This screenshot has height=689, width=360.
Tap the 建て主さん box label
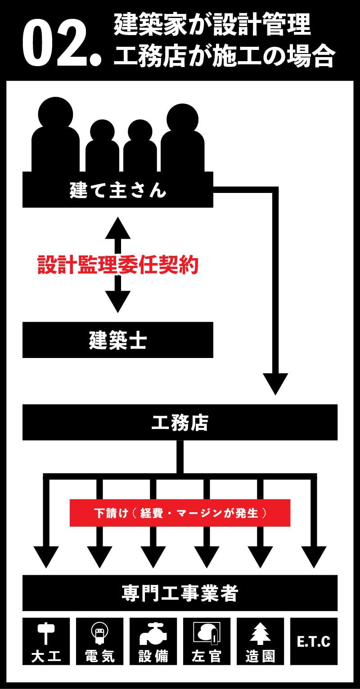[118, 190]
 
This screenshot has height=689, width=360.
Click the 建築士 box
[118, 340]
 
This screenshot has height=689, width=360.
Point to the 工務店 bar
[180, 422]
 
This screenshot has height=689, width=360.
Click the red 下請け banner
[180, 513]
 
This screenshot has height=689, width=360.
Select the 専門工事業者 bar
[180, 593]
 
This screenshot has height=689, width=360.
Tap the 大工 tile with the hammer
[46, 641]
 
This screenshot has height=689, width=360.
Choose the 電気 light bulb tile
[100, 641]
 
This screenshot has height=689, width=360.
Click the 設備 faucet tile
[153, 641]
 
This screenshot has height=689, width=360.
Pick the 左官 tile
[207, 641]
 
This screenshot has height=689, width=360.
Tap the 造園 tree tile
[261, 641]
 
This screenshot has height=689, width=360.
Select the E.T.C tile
[314, 641]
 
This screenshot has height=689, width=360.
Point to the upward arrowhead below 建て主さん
[118, 228]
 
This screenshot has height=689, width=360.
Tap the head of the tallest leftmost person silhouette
[56, 113]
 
